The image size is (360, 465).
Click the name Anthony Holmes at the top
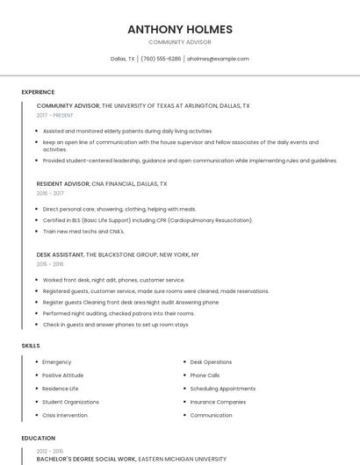click(180, 29)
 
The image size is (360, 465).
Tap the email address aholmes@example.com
click(218, 59)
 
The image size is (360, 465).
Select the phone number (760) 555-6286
click(161, 59)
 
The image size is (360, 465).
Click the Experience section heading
click(38, 92)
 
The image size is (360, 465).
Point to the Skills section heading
click(31, 346)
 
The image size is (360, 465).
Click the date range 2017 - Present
click(55, 115)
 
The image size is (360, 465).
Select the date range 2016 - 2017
click(50, 193)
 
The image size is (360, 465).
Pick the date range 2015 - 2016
click(50, 263)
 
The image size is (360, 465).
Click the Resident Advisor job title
click(63, 184)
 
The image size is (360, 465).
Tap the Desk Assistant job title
click(60, 254)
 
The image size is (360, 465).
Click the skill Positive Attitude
click(63, 376)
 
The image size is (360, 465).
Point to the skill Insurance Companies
click(218, 402)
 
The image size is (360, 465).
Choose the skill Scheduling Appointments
click(223, 389)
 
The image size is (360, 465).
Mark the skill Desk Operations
click(211, 362)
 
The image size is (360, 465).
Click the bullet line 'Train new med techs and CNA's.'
click(83, 232)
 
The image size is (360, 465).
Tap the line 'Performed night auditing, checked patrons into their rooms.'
click(119, 313)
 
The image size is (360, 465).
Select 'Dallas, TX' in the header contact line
click(123, 59)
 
